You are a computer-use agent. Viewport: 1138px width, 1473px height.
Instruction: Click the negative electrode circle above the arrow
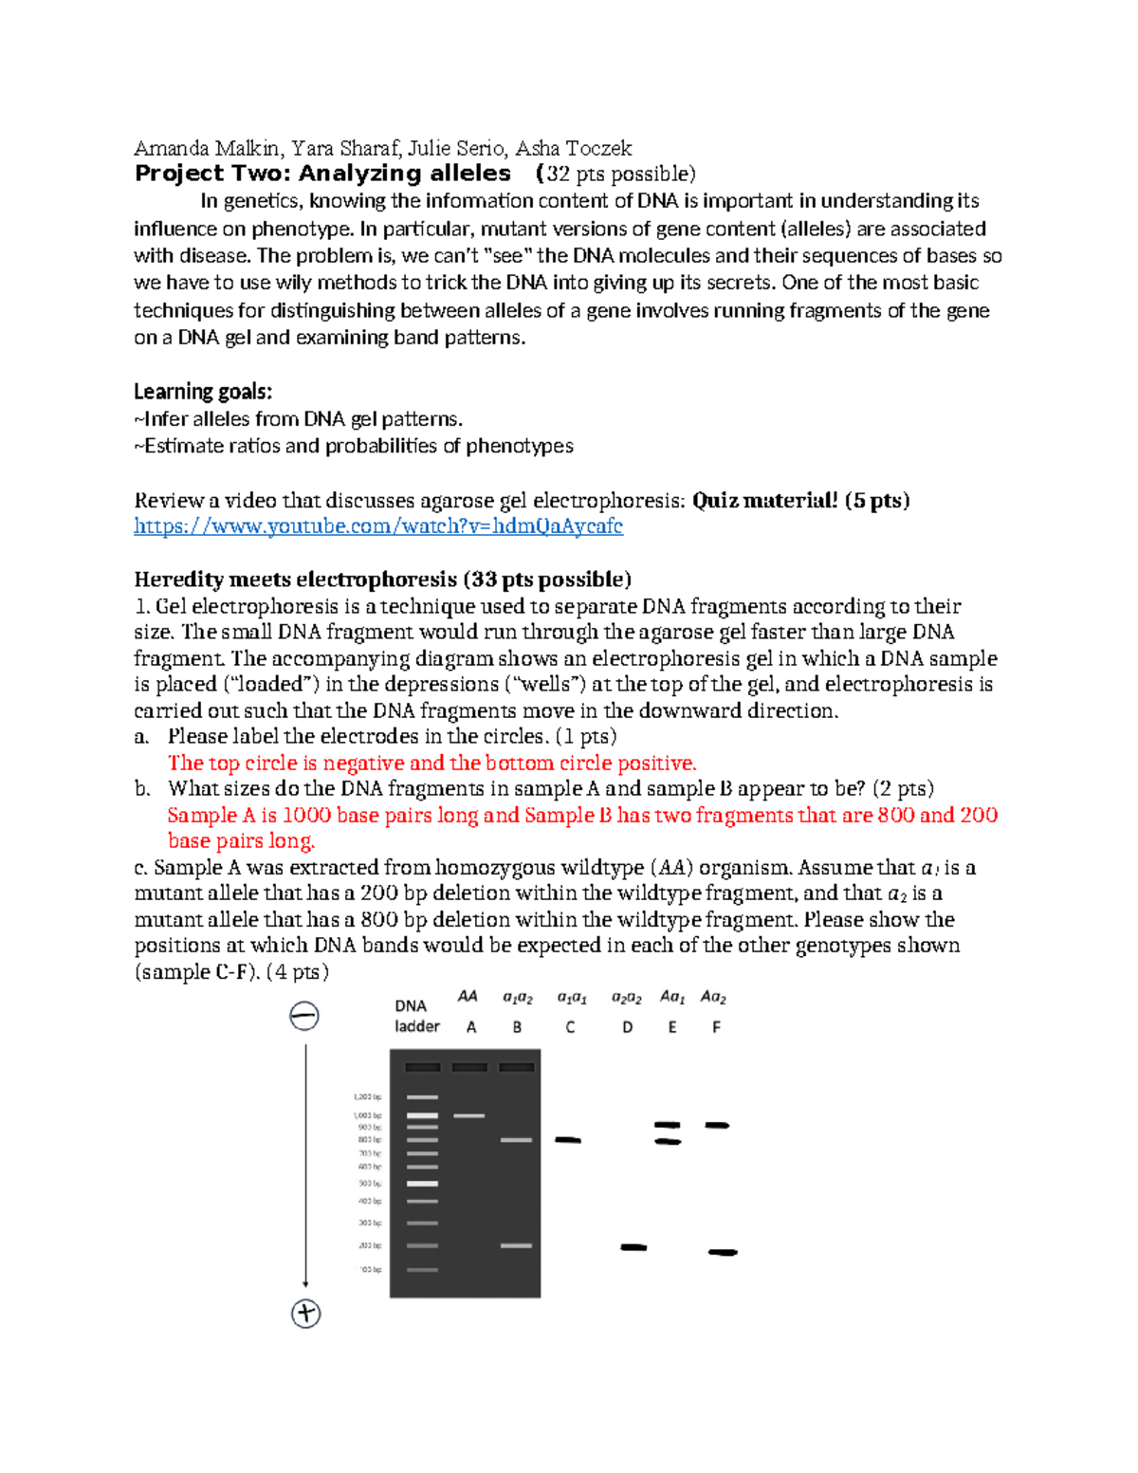click(x=303, y=1016)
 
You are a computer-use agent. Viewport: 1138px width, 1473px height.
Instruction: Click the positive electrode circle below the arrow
click(x=305, y=1314)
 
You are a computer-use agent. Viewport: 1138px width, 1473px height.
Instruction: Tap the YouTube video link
click(x=378, y=526)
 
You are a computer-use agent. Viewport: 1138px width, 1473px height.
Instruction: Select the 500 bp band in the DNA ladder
click(x=423, y=1184)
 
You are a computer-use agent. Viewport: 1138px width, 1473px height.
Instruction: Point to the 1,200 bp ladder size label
click(x=368, y=1097)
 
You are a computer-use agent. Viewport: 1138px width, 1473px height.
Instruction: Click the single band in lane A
click(x=468, y=1115)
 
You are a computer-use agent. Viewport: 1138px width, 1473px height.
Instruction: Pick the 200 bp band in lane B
click(x=516, y=1245)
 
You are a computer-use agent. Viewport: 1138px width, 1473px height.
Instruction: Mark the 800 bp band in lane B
click(x=516, y=1139)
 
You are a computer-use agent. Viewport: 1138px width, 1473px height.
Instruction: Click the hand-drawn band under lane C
click(x=568, y=1139)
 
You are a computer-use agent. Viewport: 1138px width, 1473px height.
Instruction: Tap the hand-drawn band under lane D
click(x=633, y=1247)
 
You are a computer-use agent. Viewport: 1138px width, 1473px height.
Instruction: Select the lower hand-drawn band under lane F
click(x=723, y=1252)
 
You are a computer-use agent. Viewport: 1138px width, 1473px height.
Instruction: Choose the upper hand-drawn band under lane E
click(x=668, y=1125)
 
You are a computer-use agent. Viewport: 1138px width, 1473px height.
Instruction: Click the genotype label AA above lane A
click(x=468, y=996)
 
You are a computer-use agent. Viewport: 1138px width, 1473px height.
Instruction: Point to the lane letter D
click(x=627, y=1027)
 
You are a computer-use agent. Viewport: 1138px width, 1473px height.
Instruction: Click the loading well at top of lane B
click(x=516, y=1067)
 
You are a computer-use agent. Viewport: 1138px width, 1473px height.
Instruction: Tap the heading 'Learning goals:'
click(x=203, y=392)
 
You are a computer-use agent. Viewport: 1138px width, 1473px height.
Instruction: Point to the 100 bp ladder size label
click(x=370, y=1269)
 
